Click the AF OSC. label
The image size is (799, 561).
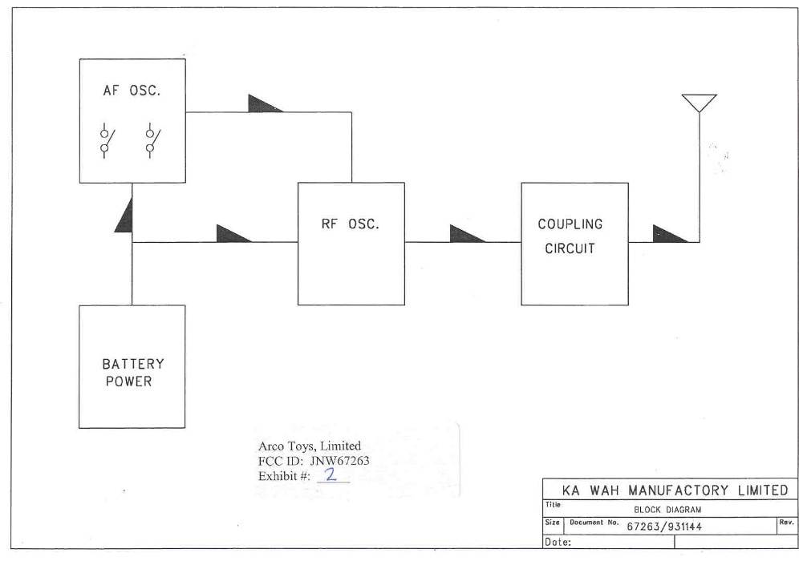coord(132,91)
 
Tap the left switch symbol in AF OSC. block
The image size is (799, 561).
coord(105,140)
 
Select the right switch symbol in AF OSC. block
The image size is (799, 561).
coord(150,140)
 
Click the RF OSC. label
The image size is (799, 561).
coord(351,224)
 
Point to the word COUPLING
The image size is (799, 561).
coord(570,224)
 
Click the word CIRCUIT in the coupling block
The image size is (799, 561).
coord(570,248)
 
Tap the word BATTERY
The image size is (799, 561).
coord(132,364)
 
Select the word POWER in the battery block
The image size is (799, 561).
coord(129,381)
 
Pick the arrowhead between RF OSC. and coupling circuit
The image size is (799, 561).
coord(466,234)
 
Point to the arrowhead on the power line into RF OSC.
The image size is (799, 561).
coord(233,234)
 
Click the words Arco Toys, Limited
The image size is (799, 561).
coord(310,446)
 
